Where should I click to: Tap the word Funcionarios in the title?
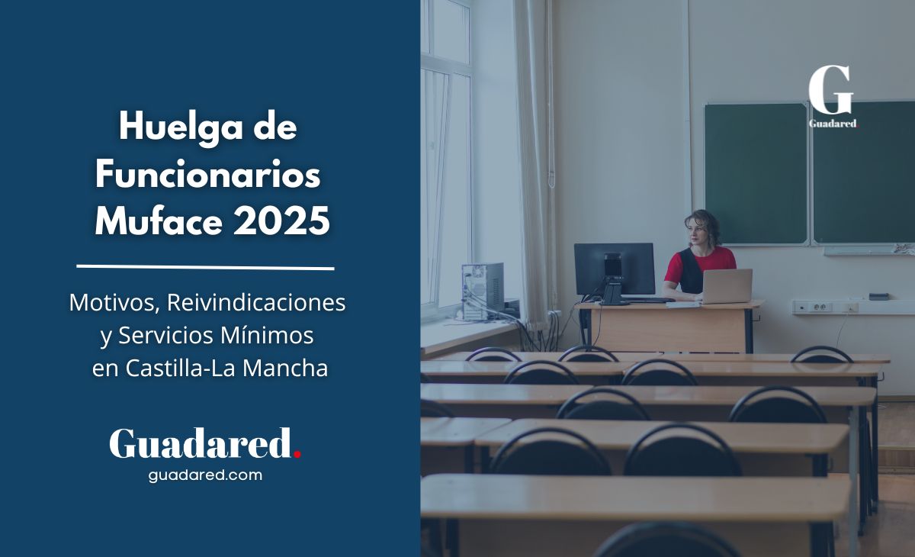click(x=207, y=175)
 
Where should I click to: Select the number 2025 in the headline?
click(x=281, y=221)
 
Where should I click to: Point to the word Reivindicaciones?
click(x=256, y=303)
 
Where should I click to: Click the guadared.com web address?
click(x=205, y=475)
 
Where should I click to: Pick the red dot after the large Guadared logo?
click(x=297, y=453)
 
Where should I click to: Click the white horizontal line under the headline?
click(x=205, y=267)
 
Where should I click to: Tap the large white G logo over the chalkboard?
click(x=831, y=90)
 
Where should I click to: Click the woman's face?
click(x=698, y=233)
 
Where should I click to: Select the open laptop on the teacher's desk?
click(x=726, y=285)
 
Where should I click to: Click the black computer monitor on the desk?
click(x=614, y=269)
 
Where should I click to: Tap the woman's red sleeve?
click(x=674, y=268)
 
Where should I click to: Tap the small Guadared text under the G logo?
click(x=833, y=124)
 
